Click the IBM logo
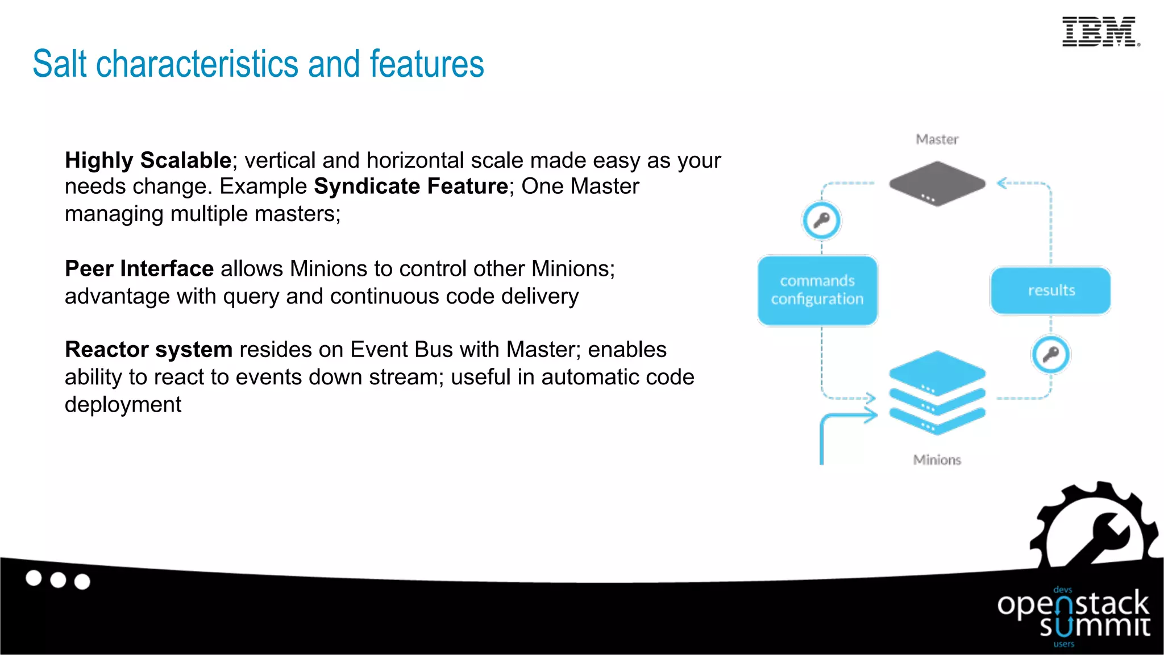tap(1100, 32)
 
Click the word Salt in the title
tap(60, 64)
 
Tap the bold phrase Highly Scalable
tap(148, 160)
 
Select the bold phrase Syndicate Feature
tap(411, 186)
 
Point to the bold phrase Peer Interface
tap(139, 268)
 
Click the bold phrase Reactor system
tap(148, 349)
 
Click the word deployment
tap(123, 404)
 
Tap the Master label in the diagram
tap(937, 139)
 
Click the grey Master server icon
tap(937, 183)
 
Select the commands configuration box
tap(817, 290)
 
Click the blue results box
tap(1050, 290)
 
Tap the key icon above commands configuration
tap(821, 220)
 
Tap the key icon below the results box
tap(1050, 354)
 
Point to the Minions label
tap(937, 459)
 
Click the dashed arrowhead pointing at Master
tap(1003, 183)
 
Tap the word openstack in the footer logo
tap(1073, 604)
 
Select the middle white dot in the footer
tap(58, 580)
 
